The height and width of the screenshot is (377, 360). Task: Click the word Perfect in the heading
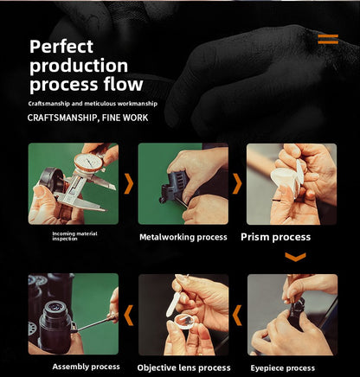tap(61, 47)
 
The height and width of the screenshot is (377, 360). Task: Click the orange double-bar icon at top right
tap(328, 39)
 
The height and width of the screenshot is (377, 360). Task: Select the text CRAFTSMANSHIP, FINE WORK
tap(87, 118)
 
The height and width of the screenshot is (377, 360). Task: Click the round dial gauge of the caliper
tap(88, 163)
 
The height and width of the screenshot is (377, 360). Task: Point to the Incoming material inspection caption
tap(74, 236)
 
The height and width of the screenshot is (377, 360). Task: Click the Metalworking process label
tap(183, 237)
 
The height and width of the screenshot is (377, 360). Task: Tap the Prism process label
tap(275, 237)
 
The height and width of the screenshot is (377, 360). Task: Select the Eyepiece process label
tap(282, 368)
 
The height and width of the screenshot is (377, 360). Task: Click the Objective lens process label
tap(183, 367)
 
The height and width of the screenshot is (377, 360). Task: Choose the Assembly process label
tap(86, 367)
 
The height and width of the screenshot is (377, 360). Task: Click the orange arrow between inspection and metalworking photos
tap(129, 183)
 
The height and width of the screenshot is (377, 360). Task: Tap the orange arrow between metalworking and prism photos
tap(237, 183)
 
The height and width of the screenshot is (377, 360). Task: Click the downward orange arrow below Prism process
tap(295, 257)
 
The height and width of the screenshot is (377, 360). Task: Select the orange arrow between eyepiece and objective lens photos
tap(237, 316)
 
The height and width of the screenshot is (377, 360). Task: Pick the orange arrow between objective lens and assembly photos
tap(129, 316)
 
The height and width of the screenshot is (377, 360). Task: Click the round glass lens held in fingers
tap(184, 323)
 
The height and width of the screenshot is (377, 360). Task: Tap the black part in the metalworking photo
tap(174, 186)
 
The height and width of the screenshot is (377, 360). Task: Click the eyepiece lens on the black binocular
tap(55, 307)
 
